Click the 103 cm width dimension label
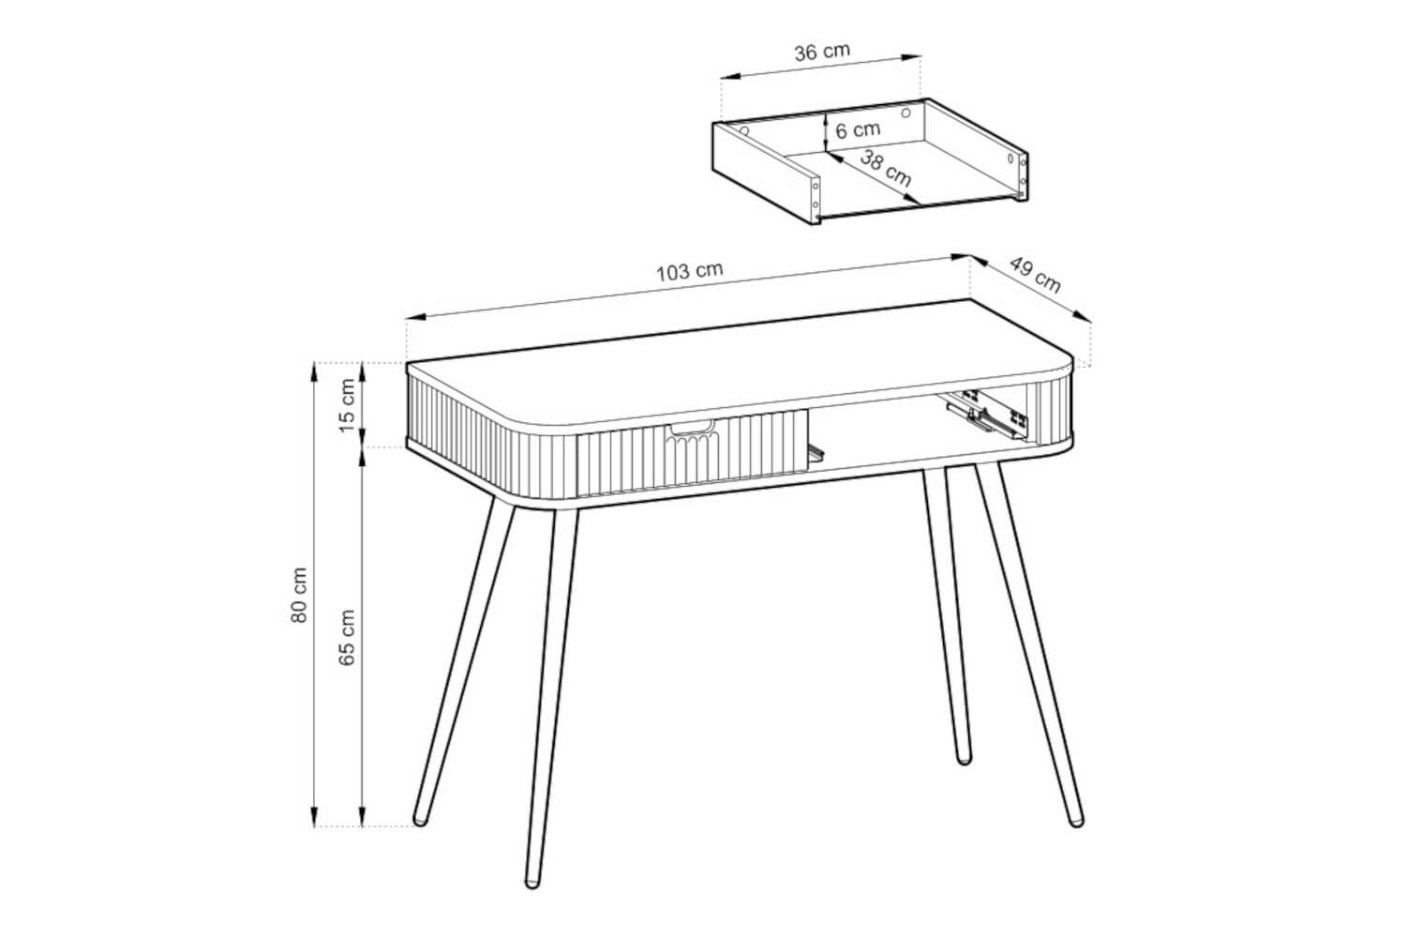coord(690,271)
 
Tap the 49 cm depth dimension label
coord(1035,275)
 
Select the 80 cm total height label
coord(299,595)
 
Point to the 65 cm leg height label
coord(347,637)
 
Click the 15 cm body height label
coord(347,405)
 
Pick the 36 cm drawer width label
coord(822,53)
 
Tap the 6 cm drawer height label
coord(858,130)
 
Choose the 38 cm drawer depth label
coord(885,169)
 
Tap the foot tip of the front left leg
coord(532,884)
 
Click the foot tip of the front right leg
coord(1076,821)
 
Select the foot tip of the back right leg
coord(964,759)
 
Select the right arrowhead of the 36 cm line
coord(911,58)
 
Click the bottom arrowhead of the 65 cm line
coord(362,817)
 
